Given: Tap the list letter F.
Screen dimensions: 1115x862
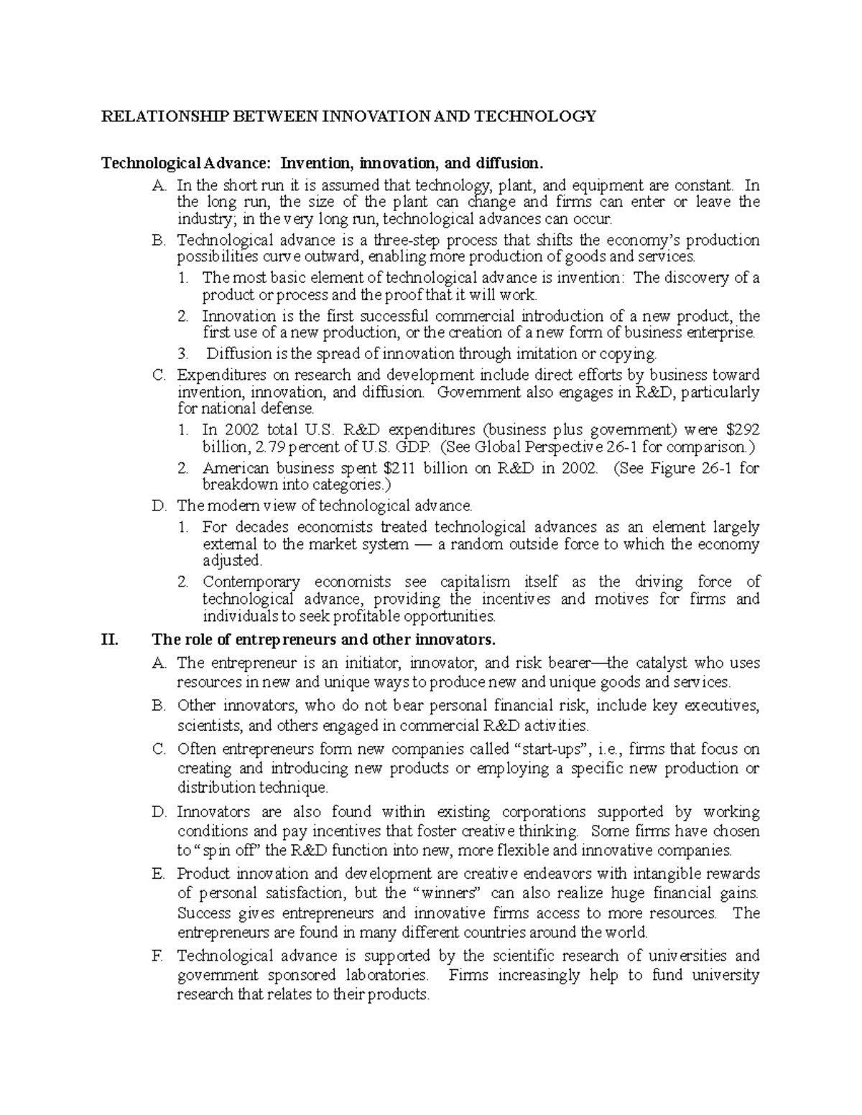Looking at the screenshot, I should click(x=159, y=956).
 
